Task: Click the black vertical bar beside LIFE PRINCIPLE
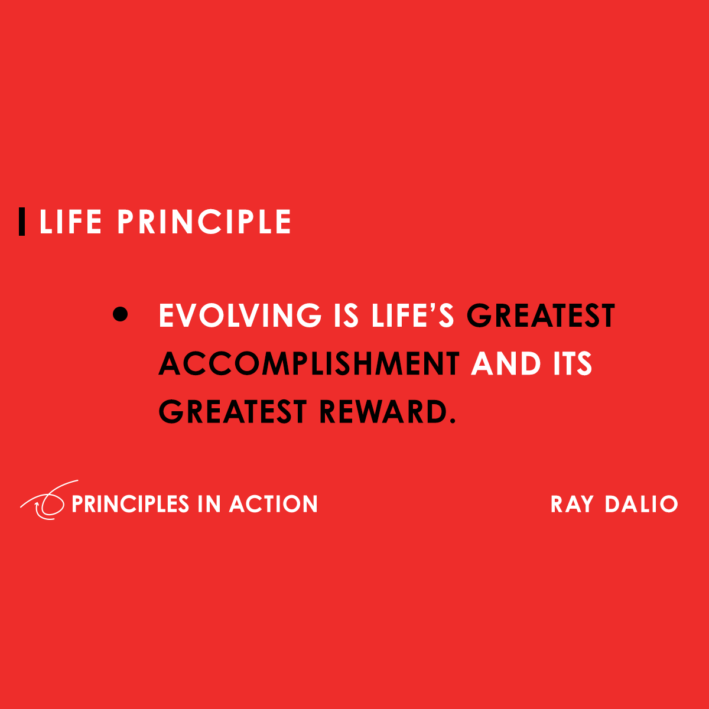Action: (x=22, y=222)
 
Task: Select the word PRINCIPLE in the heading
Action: (x=204, y=222)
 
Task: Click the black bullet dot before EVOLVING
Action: (x=120, y=315)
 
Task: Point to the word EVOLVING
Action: (x=240, y=316)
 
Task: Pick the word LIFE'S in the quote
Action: (x=412, y=316)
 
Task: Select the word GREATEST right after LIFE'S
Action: (x=541, y=316)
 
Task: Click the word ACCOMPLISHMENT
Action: (x=309, y=364)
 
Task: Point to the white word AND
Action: (x=506, y=364)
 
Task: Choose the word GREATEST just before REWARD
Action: (x=233, y=412)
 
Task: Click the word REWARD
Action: (x=380, y=412)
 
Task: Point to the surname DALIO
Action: (x=641, y=504)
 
